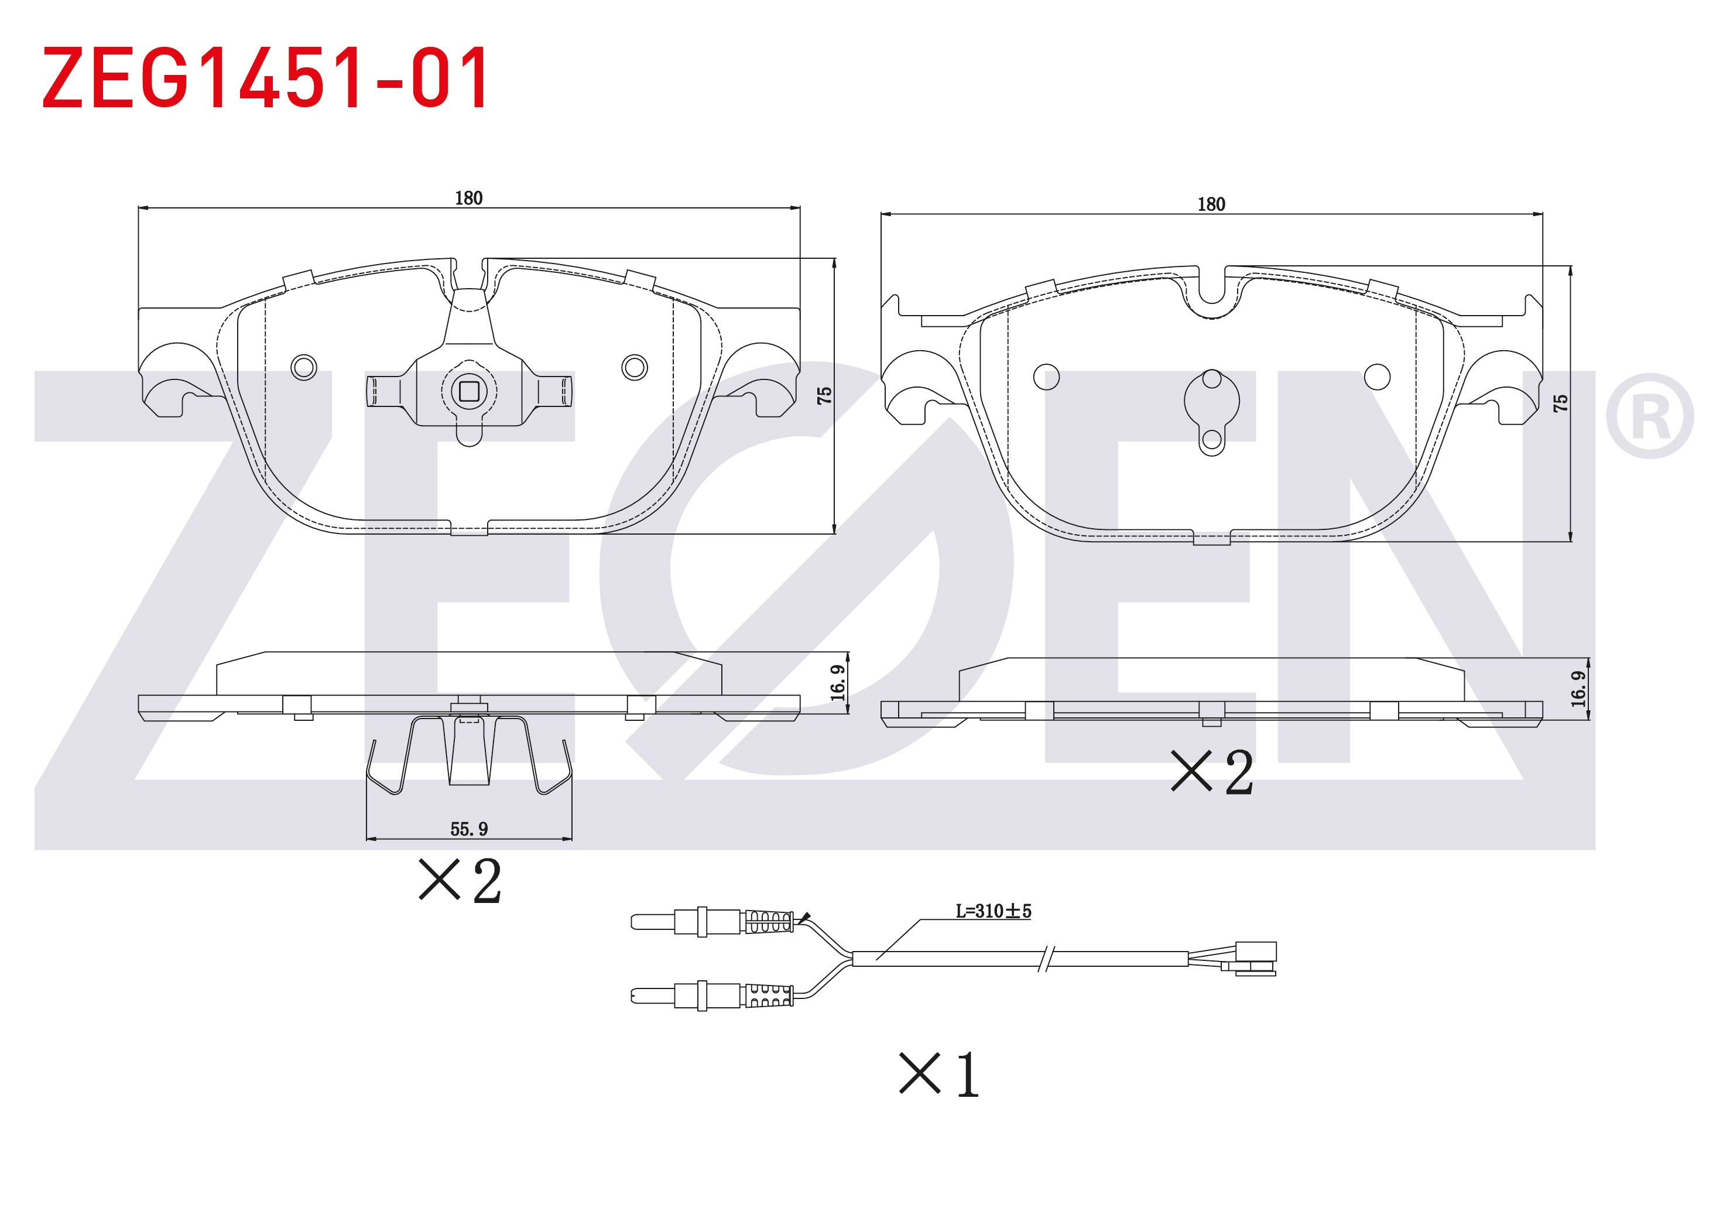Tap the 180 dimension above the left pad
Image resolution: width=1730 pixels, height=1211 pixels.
469,198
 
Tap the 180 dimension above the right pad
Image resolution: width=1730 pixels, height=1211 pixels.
1212,204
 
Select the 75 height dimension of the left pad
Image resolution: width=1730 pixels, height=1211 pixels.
824,396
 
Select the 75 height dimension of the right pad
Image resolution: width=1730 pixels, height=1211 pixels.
1560,403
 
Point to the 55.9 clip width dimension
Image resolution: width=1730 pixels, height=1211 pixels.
469,829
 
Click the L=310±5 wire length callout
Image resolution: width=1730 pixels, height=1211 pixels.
993,911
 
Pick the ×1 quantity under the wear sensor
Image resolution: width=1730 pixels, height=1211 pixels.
939,1075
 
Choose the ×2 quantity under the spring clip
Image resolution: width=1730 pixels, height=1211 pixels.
460,880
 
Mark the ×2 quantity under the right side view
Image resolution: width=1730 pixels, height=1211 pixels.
1212,772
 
